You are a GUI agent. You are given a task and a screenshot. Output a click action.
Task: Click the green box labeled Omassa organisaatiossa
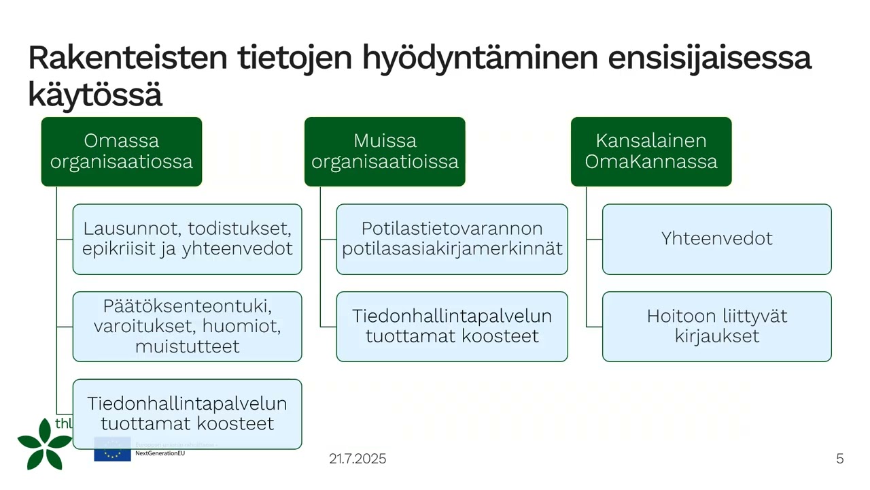pyautogui.click(x=122, y=152)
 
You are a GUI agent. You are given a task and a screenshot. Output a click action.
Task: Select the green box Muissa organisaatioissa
pyautogui.click(x=385, y=152)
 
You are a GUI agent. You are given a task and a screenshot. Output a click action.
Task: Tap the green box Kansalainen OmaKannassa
pyautogui.click(x=651, y=152)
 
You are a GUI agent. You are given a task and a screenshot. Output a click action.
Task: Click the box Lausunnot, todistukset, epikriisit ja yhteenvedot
pyautogui.click(x=187, y=239)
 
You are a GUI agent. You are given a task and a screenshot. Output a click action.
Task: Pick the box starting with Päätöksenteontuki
pyautogui.click(x=187, y=327)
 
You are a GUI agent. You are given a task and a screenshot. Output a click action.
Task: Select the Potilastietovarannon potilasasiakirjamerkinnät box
pyautogui.click(x=452, y=239)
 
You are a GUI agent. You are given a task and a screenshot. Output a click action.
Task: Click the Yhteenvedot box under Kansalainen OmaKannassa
pyautogui.click(x=716, y=239)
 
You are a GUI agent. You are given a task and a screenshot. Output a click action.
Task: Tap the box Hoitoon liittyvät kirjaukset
pyautogui.click(x=716, y=327)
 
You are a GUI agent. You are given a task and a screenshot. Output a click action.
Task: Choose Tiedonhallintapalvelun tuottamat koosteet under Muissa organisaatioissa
pyautogui.click(x=452, y=327)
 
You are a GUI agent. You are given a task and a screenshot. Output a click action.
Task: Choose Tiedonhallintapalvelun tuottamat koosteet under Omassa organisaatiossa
pyautogui.click(x=187, y=414)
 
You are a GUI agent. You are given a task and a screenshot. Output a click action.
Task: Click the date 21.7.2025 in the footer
pyautogui.click(x=358, y=459)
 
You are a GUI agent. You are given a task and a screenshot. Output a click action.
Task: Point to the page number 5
pyautogui.click(x=839, y=459)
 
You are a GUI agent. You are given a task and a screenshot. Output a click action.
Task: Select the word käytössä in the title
pyautogui.click(x=95, y=95)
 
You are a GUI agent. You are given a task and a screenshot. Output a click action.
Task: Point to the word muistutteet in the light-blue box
pyautogui.click(x=187, y=346)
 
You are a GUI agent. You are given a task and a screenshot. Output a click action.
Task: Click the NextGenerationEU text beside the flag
pyautogui.click(x=160, y=453)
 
